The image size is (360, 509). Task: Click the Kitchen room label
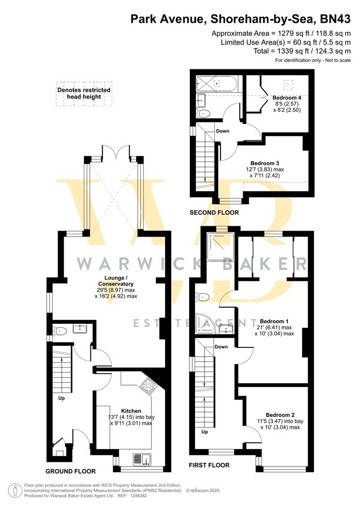(x=131, y=410)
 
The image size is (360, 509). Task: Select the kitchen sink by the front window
(x=142, y=460)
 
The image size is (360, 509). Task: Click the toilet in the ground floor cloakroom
(x=59, y=331)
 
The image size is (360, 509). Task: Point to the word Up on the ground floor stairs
(x=61, y=398)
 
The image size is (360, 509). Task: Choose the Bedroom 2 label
(x=280, y=415)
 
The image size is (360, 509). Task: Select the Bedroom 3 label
(x=264, y=163)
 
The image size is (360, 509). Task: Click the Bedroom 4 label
(x=287, y=98)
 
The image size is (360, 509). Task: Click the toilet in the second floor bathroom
(x=204, y=113)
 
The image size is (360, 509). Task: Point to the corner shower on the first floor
(x=205, y=324)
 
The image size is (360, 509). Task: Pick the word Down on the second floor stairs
(x=223, y=131)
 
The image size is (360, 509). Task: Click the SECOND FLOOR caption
(x=214, y=213)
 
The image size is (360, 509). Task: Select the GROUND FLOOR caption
(x=70, y=471)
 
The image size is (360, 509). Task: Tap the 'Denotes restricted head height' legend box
(x=84, y=93)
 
